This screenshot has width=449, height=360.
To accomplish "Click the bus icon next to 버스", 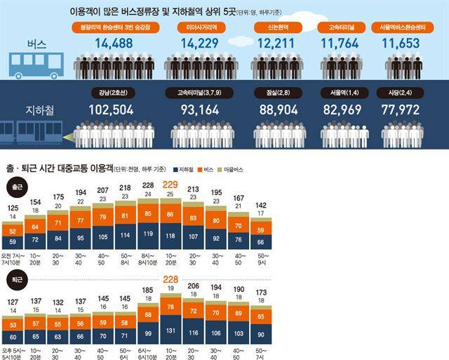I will coord(33,65).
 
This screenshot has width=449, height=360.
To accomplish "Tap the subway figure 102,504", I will coord(115,110).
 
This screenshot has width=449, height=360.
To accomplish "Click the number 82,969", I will coord(342,110).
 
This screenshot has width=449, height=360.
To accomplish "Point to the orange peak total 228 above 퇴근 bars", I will coord(169,279).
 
